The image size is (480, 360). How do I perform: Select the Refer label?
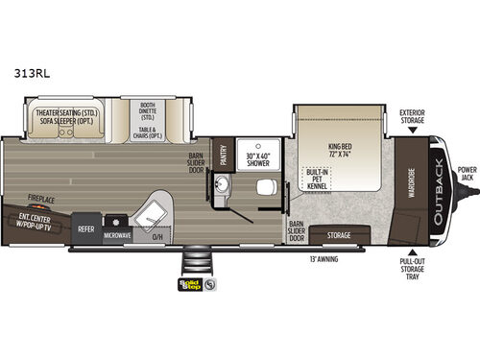coord(86,230)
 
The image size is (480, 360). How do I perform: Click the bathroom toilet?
coord(270,188)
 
